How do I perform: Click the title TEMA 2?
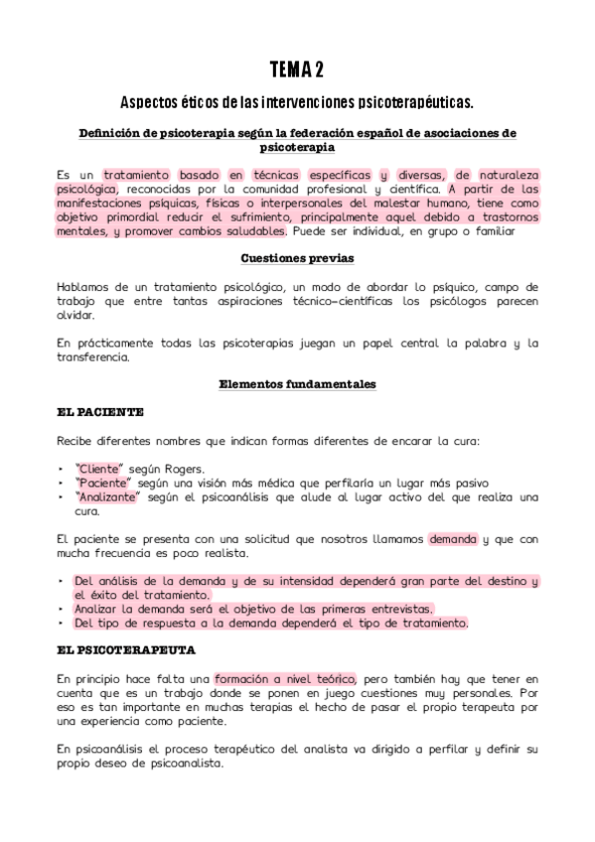click(296, 69)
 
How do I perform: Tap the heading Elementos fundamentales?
click(297, 384)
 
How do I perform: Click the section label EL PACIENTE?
click(99, 411)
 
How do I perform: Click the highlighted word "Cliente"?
click(96, 469)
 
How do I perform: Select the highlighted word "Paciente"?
click(99, 483)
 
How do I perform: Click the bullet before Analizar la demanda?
click(62, 609)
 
